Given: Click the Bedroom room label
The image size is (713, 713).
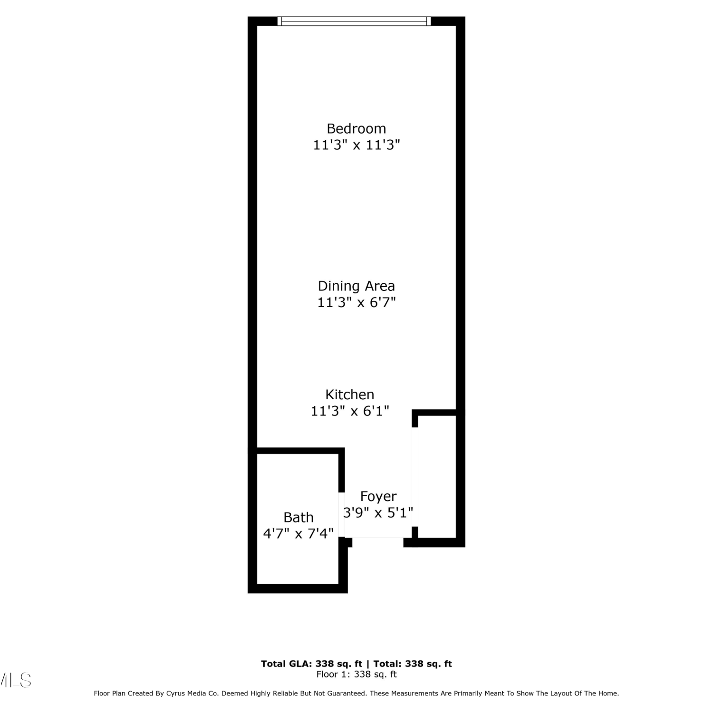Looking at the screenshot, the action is pyautogui.click(x=356, y=128).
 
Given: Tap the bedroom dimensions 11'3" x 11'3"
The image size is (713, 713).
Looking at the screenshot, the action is pyautogui.click(x=356, y=145).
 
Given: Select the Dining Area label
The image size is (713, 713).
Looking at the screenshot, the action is pyautogui.click(x=356, y=286).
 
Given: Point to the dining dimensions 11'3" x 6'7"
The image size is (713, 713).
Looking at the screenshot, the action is pyautogui.click(x=356, y=302).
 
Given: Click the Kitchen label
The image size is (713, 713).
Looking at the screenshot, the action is pyautogui.click(x=350, y=395).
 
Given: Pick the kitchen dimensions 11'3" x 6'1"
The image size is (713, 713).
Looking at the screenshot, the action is pyautogui.click(x=350, y=411).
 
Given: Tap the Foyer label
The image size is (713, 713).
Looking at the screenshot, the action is pyautogui.click(x=378, y=496).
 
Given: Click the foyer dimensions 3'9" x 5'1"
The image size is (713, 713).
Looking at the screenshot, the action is pyautogui.click(x=378, y=513).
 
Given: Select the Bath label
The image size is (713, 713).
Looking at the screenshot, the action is pyautogui.click(x=299, y=517).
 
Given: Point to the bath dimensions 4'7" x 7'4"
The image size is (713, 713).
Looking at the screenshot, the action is pyautogui.click(x=299, y=533).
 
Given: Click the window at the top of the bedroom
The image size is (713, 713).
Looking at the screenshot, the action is pyautogui.click(x=354, y=21).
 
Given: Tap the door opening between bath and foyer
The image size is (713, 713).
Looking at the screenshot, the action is pyautogui.click(x=341, y=515).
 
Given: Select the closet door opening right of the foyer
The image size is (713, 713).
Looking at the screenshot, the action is pyautogui.click(x=415, y=477).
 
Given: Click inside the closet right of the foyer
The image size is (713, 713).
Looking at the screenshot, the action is pyautogui.click(x=437, y=477).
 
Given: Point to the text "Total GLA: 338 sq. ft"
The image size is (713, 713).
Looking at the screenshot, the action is pyautogui.click(x=312, y=664).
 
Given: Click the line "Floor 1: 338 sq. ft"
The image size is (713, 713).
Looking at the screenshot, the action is pyautogui.click(x=356, y=674).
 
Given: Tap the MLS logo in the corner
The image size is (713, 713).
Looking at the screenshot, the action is pyautogui.click(x=15, y=680).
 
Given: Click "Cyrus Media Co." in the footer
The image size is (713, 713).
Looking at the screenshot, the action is pyautogui.click(x=193, y=694).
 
